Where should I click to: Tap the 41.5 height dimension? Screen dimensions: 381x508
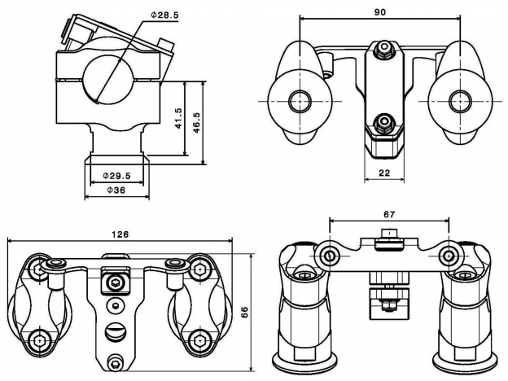point(178,119)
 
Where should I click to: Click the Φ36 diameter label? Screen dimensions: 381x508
point(116,191)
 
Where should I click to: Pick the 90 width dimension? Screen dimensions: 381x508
point(379,11)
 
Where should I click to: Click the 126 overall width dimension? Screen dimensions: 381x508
point(120,234)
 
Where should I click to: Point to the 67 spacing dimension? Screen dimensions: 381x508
point(389,214)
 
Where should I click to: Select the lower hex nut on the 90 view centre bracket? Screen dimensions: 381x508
point(381,125)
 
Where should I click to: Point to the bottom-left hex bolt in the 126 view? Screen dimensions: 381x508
point(41,339)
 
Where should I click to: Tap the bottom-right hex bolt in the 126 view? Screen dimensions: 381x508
point(195,339)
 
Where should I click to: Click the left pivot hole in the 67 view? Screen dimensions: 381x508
point(327,256)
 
